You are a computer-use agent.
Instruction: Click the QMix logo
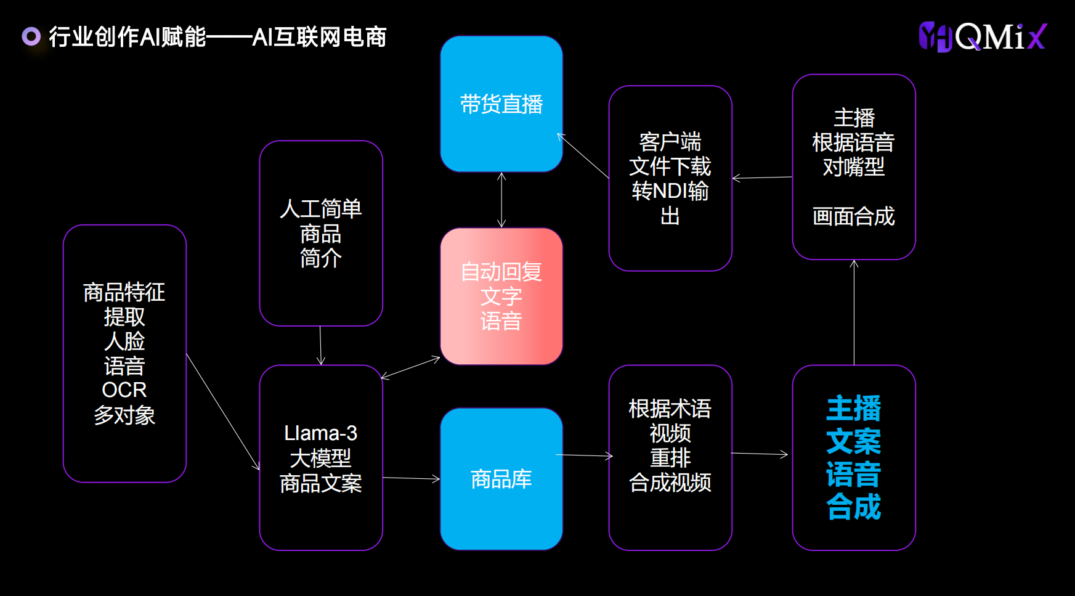point(982,37)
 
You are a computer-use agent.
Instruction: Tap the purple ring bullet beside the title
point(31,36)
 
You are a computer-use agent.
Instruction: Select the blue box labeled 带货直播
point(501,104)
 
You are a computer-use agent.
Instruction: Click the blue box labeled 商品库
point(501,479)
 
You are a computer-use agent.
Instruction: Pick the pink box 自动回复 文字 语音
point(501,296)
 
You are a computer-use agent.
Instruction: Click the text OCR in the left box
point(124,390)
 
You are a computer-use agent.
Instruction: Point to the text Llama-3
point(321,433)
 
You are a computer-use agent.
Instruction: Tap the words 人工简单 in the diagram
point(321,209)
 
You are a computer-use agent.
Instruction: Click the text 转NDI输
point(670,191)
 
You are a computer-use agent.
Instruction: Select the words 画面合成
point(854,216)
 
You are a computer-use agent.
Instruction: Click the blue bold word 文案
point(854,441)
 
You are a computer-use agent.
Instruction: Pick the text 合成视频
point(670,483)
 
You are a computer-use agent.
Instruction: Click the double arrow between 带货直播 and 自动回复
point(501,200)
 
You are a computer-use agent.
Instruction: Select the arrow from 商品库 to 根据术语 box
point(585,455)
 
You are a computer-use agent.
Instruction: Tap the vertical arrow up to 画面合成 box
point(854,312)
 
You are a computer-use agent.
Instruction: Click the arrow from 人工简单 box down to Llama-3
point(320,346)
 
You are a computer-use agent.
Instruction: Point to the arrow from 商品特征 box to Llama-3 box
point(223,412)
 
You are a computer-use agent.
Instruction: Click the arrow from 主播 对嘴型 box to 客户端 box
point(762,178)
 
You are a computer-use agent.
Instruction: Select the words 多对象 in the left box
point(124,415)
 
